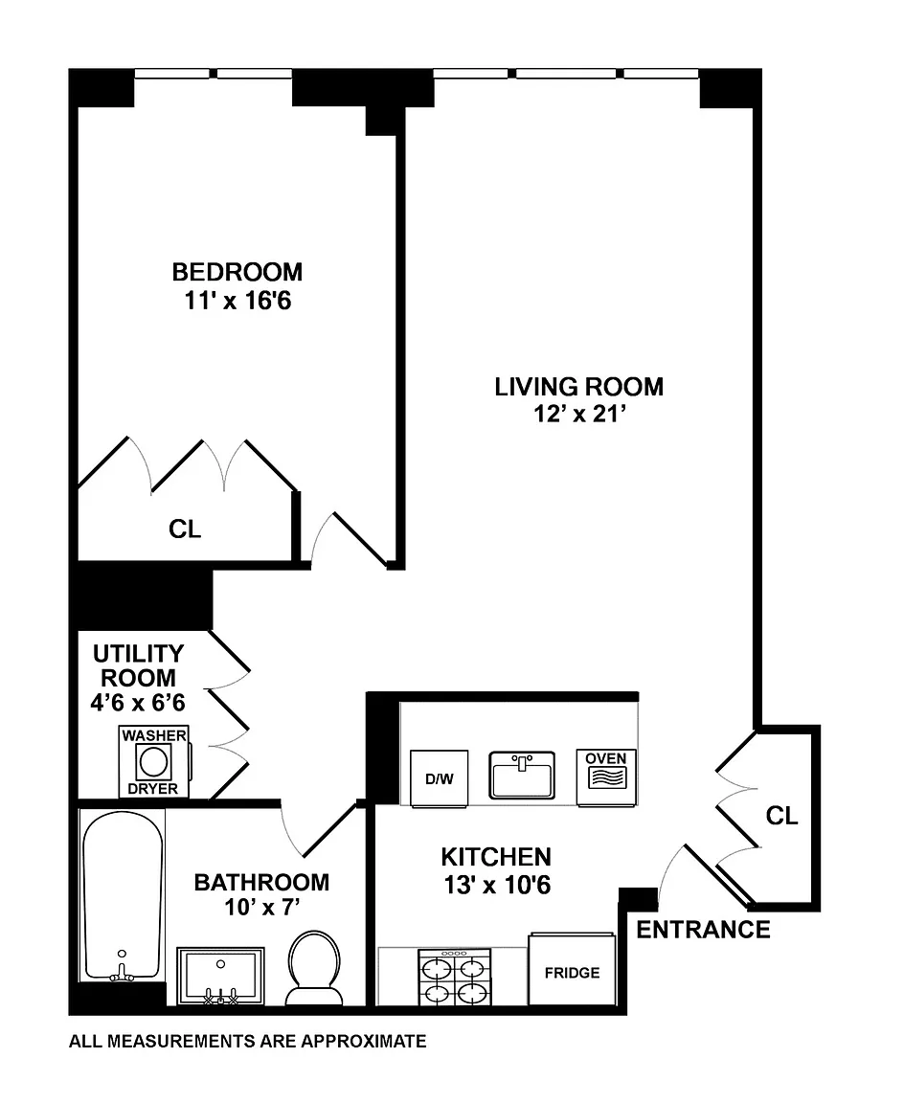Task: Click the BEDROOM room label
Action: click(x=237, y=272)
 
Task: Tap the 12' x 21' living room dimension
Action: click(x=579, y=414)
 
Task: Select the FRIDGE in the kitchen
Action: click(x=572, y=970)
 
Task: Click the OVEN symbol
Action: click(x=606, y=777)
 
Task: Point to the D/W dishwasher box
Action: click(x=439, y=778)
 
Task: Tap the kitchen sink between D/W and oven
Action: click(x=522, y=776)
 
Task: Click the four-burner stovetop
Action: click(x=455, y=977)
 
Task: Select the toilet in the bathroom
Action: click(x=314, y=967)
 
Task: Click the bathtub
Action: click(x=123, y=895)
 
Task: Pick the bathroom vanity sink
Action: click(x=221, y=976)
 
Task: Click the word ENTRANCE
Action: click(x=703, y=930)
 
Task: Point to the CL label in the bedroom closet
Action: click(x=184, y=529)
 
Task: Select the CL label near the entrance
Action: click(x=781, y=816)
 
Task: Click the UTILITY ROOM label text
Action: click(x=139, y=665)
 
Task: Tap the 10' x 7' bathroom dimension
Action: click(x=262, y=908)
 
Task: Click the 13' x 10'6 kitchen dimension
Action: click(x=497, y=885)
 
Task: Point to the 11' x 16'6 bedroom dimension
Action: click(x=237, y=301)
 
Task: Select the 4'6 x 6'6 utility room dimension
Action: click(x=138, y=702)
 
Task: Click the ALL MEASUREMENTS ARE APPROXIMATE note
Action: click(x=248, y=1041)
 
